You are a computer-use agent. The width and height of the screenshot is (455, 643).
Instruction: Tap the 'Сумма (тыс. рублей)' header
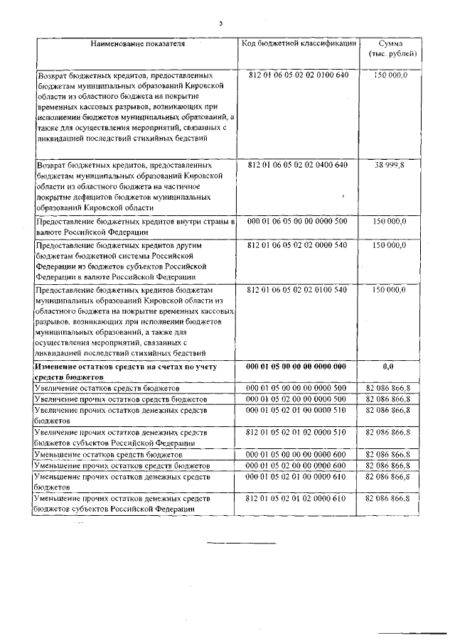click(392, 49)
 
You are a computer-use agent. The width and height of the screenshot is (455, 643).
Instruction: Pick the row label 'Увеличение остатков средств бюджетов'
click(107, 389)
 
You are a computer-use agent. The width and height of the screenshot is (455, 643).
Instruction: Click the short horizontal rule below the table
click(240, 544)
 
